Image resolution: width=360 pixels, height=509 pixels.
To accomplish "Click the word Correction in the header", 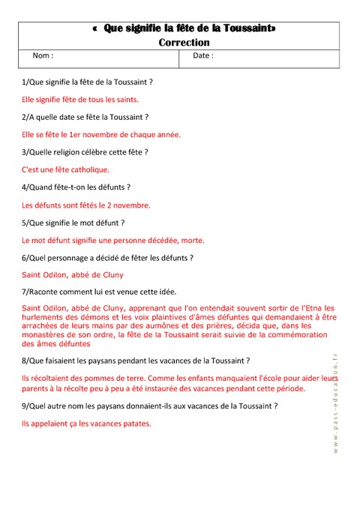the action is [184, 43].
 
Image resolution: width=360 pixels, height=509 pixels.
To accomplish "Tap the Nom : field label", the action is [43, 56].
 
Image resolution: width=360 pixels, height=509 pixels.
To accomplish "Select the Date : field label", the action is [203, 56].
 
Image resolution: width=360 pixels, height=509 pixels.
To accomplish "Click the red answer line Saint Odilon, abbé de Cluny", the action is [73, 275].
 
